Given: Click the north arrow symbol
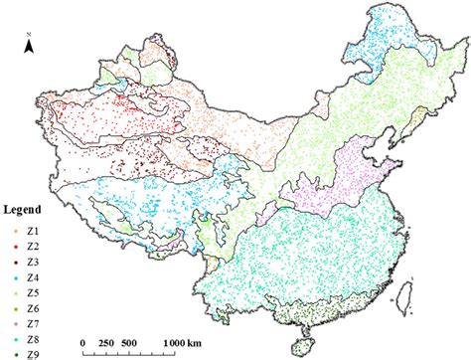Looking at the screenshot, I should tap(30, 45).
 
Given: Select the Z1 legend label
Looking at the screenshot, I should tap(34, 231).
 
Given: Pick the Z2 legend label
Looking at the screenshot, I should tap(34, 245).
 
